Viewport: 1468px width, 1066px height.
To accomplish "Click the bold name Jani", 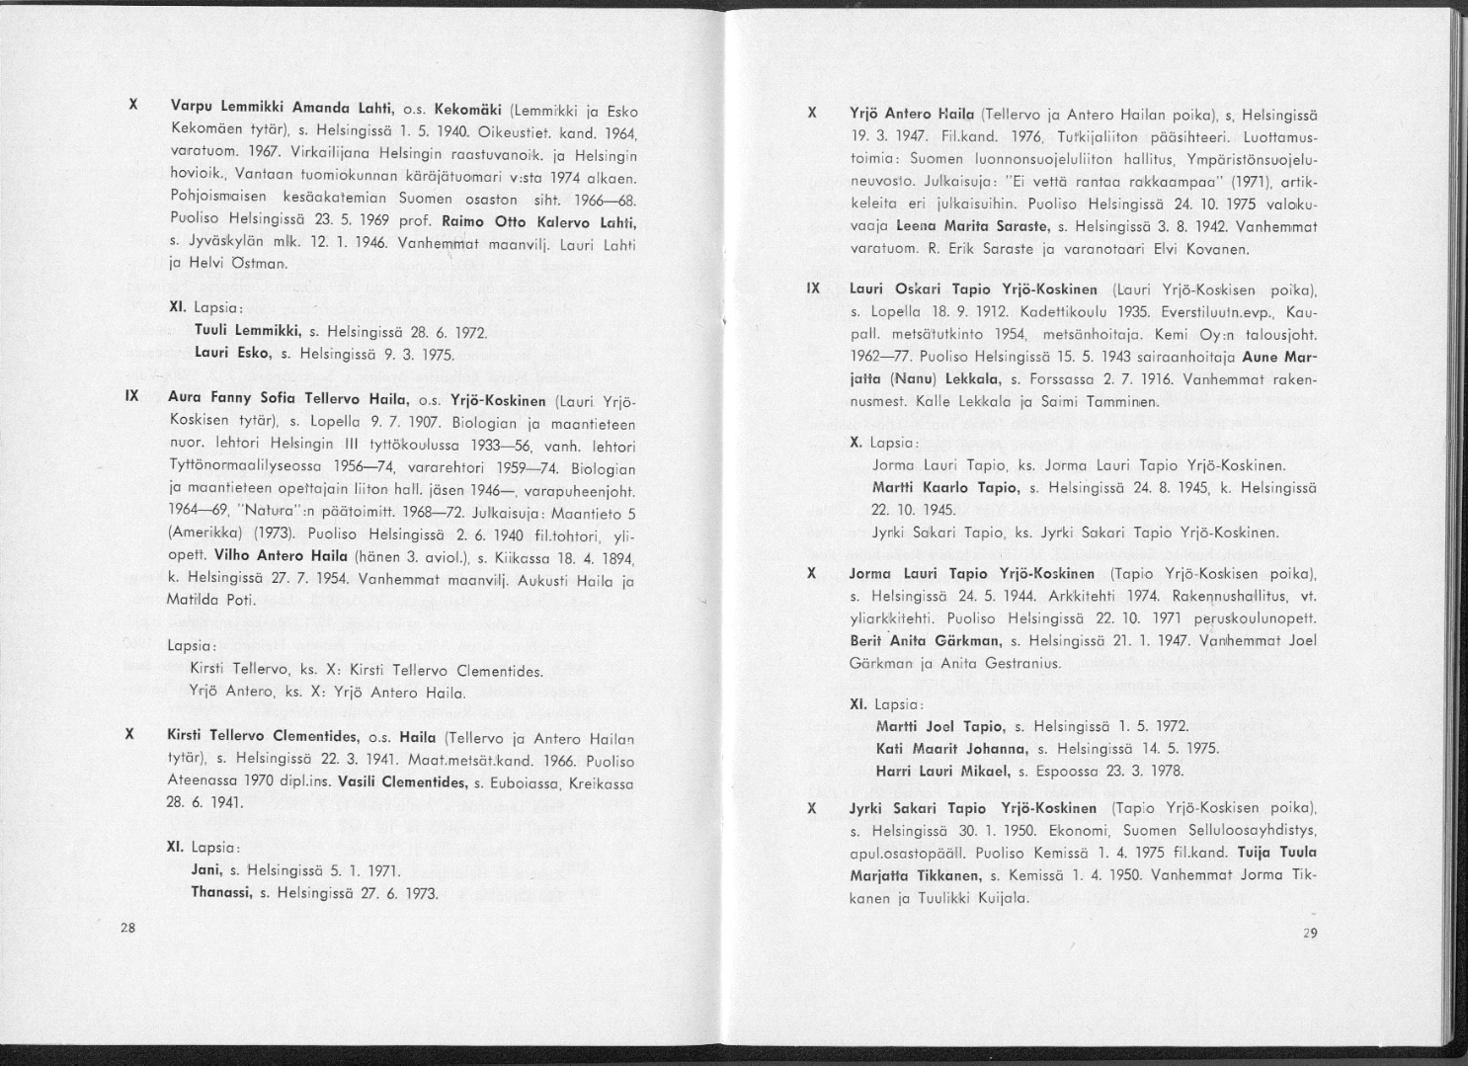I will click(204, 870).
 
